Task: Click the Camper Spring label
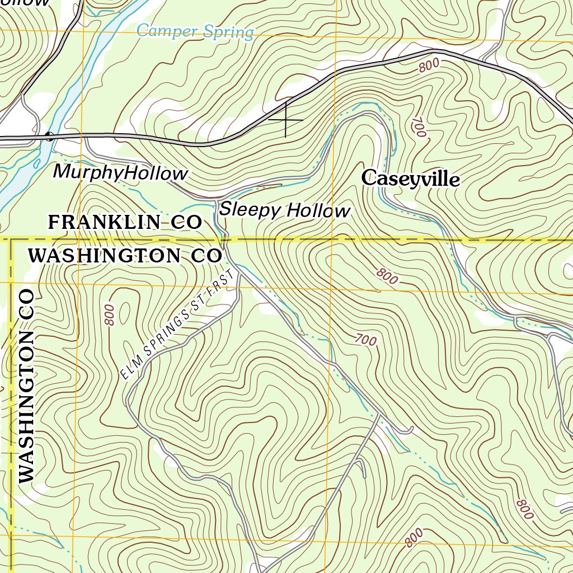195,31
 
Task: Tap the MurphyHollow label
120,173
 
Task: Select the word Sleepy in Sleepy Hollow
249,210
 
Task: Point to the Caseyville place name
411,179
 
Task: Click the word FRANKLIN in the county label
104,222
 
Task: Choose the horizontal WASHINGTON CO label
125,256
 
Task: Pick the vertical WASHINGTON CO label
26,386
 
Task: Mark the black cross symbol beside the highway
286,120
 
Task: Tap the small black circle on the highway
49,135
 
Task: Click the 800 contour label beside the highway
429,65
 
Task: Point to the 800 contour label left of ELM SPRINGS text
109,315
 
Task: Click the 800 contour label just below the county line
387,276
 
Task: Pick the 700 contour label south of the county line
365,339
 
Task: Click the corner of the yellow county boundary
11,241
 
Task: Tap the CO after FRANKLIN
186,222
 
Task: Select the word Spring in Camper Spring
228,32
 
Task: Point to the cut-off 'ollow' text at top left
25,3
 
